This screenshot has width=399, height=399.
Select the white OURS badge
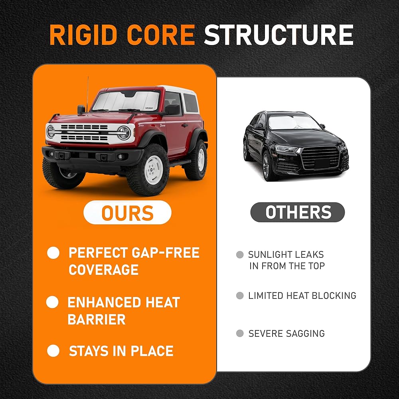pos(127,212)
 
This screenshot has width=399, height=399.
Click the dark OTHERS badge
pos(298,212)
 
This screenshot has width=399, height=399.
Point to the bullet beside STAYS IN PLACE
pos(53,351)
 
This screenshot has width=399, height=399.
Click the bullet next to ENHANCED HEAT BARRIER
pos(52,302)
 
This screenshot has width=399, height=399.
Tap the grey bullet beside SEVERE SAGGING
pos(240,333)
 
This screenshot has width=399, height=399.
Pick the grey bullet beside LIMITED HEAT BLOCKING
pos(240,296)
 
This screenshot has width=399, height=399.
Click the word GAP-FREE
pos(166,253)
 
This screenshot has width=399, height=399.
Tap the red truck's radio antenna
pos(88,94)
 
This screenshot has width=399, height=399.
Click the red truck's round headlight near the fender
pos(124,133)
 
